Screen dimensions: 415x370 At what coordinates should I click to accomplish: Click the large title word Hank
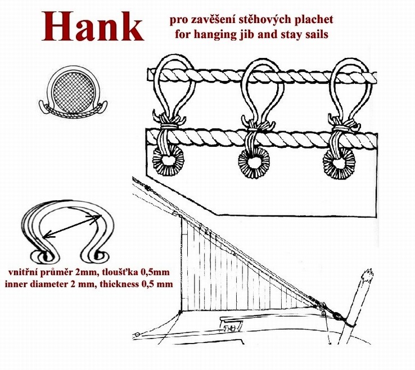pyautogui.click(x=93, y=27)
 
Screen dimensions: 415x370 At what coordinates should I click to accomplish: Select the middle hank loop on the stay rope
pyautogui.click(x=262, y=90)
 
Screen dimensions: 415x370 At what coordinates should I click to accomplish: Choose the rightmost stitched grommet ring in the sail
pyautogui.click(x=339, y=163)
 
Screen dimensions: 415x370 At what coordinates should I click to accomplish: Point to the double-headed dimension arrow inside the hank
pyautogui.click(x=72, y=225)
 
